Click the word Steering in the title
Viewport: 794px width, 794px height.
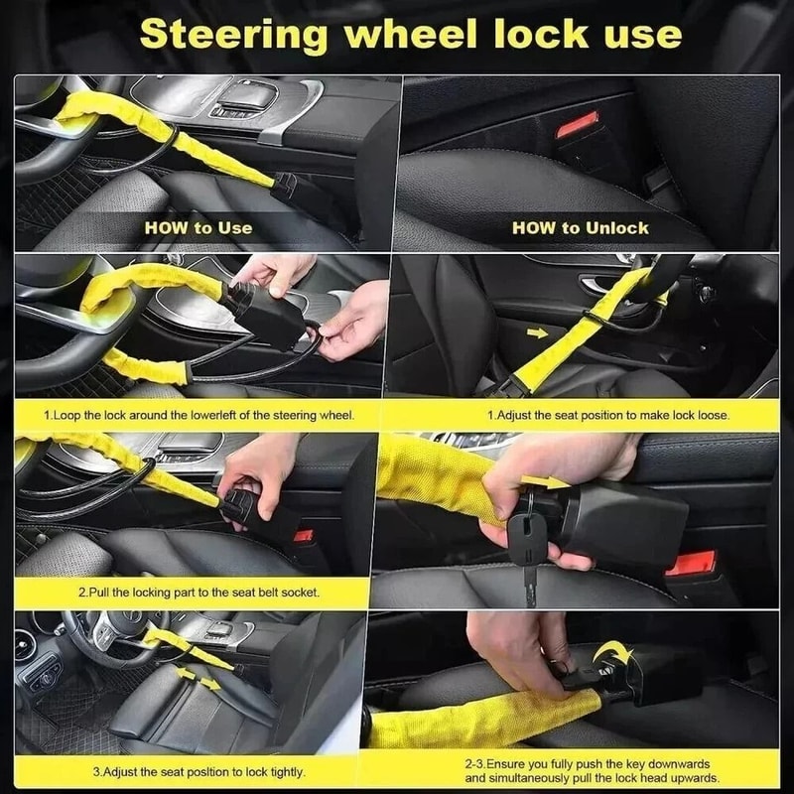pyautogui.click(x=232, y=35)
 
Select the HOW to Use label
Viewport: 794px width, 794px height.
pyautogui.click(x=198, y=227)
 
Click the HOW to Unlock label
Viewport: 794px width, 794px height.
pyautogui.click(x=580, y=227)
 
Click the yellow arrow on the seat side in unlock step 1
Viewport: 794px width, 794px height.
pyautogui.click(x=537, y=332)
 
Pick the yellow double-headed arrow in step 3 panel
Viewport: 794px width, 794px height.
pyautogui.click(x=198, y=679)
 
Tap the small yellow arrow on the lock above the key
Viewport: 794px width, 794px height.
pyautogui.click(x=544, y=482)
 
